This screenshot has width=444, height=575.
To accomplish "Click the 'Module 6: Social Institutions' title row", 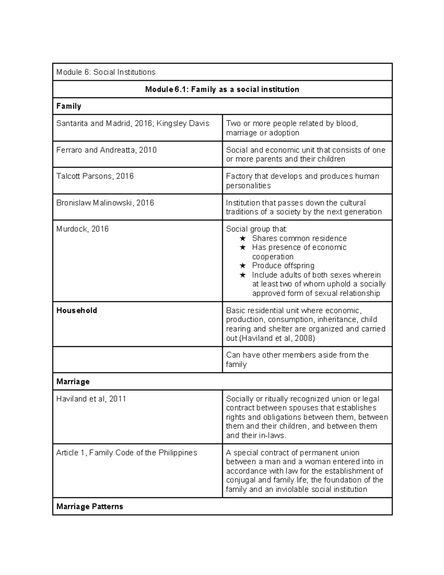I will (x=106, y=72).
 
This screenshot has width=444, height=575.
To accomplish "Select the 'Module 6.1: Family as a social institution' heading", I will (x=222, y=89).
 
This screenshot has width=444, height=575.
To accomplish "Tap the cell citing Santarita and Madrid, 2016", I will (x=132, y=124).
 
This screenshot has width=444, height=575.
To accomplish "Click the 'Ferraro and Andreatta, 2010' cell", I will (x=106, y=150).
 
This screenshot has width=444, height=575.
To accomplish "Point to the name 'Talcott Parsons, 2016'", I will (x=95, y=176).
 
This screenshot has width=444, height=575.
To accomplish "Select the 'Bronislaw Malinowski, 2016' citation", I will (x=105, y=203).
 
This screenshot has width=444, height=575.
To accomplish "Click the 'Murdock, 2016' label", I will (x=82, y=229).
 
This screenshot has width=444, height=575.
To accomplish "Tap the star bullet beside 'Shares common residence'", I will (x=242, y=238).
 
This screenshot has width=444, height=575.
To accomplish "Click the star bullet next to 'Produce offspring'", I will (x=242, y=266).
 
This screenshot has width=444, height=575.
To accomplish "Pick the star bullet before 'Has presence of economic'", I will (x=242, y=247).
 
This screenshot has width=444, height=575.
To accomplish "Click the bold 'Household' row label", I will (x=77, y=311).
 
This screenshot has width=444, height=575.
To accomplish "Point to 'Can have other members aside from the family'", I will (x=297, y=360).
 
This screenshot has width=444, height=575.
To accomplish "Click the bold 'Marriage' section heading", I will (x=73, y=382).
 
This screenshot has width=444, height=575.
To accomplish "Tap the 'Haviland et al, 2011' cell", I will (x=91, y=399).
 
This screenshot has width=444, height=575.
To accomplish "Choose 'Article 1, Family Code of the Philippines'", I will (x=127, y=453).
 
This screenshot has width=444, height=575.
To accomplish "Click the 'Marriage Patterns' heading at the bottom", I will (x=90, y=507).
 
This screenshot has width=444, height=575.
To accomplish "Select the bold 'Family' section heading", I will (x=68, y=106).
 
